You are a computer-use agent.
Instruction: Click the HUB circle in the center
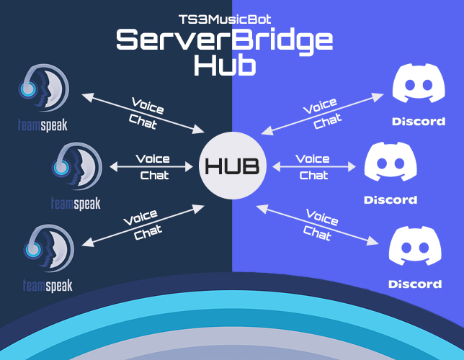pos(232,166)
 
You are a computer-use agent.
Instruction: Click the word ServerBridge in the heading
pos(225,41)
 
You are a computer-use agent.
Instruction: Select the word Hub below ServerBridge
pos(225,66)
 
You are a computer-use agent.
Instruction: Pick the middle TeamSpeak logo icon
pos(76,168)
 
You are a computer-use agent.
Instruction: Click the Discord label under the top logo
pos(419,121)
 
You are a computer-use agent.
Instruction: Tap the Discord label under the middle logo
pos(391,199)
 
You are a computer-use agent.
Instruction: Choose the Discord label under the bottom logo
pos(415,284)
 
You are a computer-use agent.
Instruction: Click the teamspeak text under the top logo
pos(43,125)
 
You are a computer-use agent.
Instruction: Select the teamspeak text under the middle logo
pos(76,204)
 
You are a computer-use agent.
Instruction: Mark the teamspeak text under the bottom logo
pos(47,286)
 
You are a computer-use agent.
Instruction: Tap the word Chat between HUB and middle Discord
pos(313,175)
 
